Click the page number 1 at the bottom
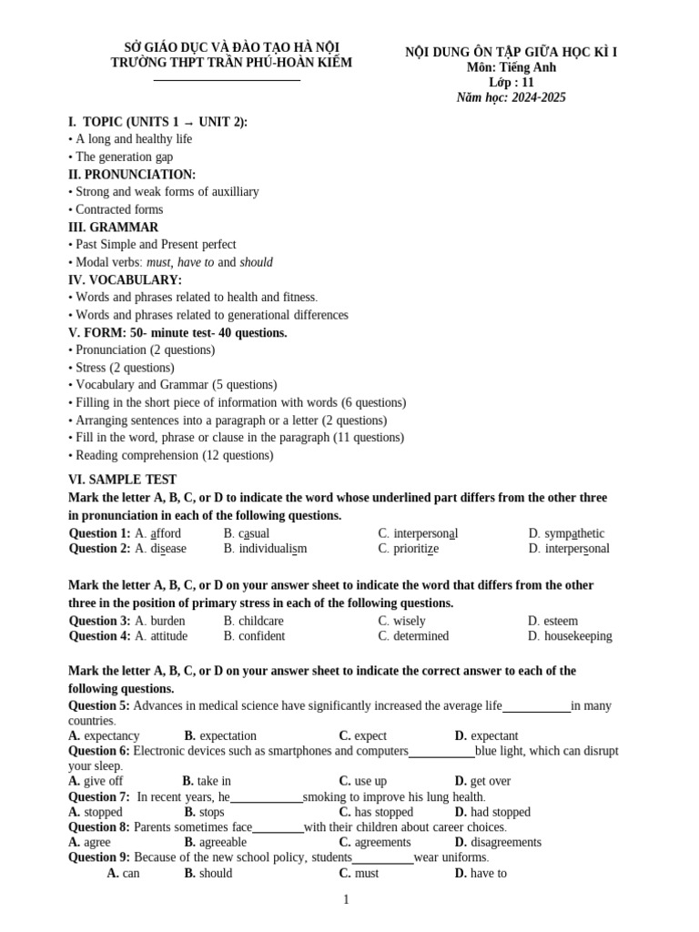click(346, 900)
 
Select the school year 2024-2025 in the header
click(511, 97)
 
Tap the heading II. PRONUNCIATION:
click(132, 175)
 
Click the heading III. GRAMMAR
click(113, 228)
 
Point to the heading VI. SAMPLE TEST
click(122, 480)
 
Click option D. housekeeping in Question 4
click(570, 636)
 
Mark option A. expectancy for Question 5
click(104, 735)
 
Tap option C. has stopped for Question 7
click(376, 812)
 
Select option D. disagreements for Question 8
click(498, 843)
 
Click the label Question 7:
click(99, 796)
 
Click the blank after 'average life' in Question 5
click(536, 709)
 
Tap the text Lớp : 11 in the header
click(511, 82)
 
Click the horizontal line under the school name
click(227, 80)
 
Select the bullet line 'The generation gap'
click(120, 157)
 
